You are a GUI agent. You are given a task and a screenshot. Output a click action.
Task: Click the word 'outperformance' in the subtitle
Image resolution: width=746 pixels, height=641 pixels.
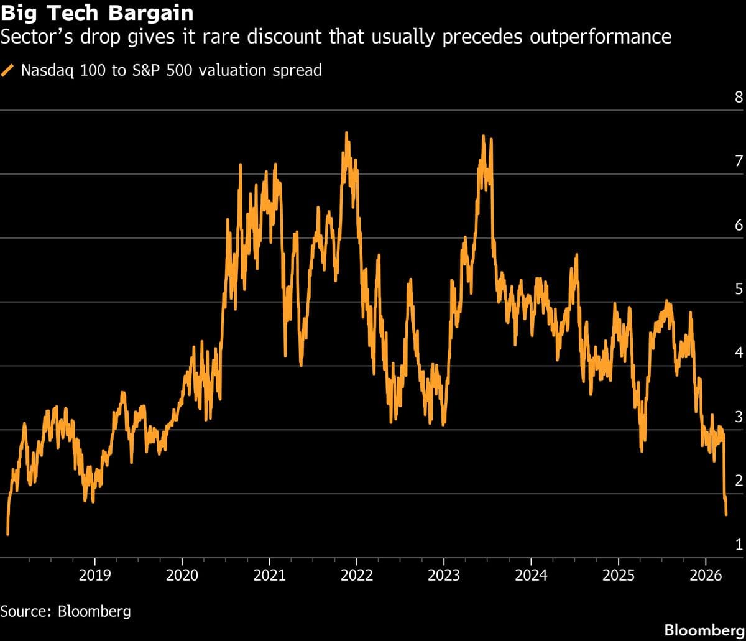(x=601, y=37)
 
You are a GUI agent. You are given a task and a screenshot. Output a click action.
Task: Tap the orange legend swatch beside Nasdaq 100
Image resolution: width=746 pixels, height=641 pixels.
(x=9, y=70)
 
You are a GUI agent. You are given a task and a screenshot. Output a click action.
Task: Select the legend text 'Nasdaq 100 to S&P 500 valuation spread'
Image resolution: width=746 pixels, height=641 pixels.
(x=171, y=70)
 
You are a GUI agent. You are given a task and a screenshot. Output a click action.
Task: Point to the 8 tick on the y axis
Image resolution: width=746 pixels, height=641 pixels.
(x=739, y=97)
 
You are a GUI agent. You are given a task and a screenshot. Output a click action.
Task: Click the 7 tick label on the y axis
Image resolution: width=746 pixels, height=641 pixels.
(x=739, y=161)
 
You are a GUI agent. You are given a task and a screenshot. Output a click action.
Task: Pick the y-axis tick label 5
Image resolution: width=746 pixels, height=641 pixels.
(x=739, y=289)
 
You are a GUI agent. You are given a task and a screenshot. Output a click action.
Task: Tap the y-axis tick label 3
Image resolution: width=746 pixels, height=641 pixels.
(x=739, y=417)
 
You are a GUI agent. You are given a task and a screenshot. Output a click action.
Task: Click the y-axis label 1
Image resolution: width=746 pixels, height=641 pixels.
(x=739, y=545)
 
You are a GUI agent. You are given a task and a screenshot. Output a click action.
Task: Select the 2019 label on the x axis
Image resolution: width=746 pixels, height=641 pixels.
(x=94, y=575)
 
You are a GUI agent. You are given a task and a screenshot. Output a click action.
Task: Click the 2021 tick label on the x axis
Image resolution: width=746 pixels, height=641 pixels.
(x=269, y=575)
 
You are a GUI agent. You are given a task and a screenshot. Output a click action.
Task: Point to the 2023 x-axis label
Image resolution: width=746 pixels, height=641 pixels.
(x=444, y=575)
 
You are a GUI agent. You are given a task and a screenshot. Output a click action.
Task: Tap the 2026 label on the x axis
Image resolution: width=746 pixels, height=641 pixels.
(x=706, y=575)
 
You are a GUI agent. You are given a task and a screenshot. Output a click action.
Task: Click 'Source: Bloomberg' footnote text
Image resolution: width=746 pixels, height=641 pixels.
(x=65, y=611)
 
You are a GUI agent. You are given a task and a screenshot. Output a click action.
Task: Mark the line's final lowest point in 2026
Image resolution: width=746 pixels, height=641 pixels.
(x=727, y=514)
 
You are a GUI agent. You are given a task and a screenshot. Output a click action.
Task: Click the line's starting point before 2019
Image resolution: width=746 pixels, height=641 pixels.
(x=7, y=533)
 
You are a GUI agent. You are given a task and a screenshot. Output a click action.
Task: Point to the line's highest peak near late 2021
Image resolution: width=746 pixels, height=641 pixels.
(x=346, y=132)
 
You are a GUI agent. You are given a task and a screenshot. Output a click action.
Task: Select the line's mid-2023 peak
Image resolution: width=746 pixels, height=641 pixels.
(x=483, y=136)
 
